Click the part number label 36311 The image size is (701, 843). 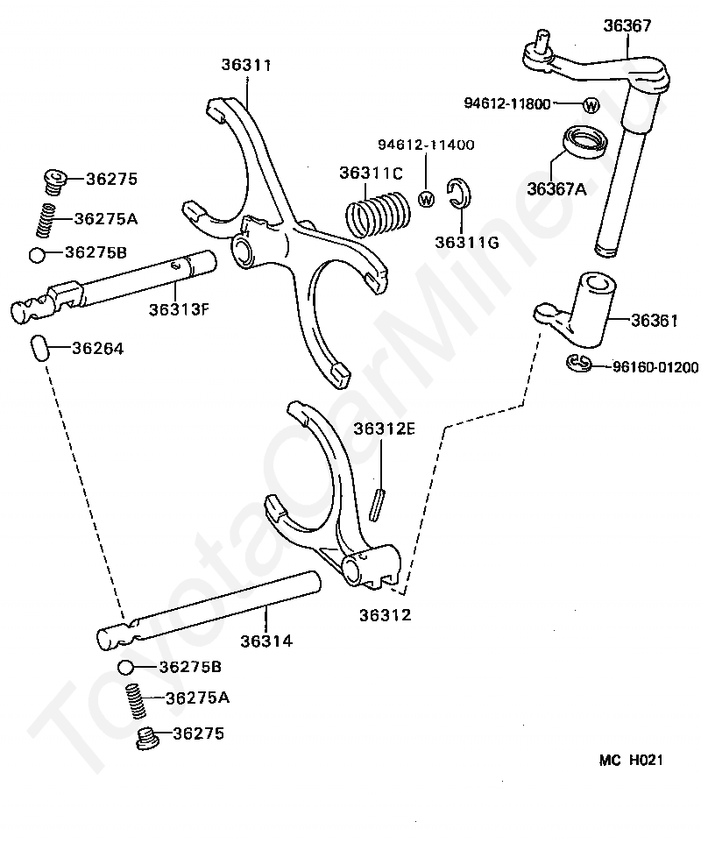246,66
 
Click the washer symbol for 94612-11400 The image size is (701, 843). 427,198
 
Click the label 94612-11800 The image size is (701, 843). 506,104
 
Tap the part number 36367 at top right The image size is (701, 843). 627,25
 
